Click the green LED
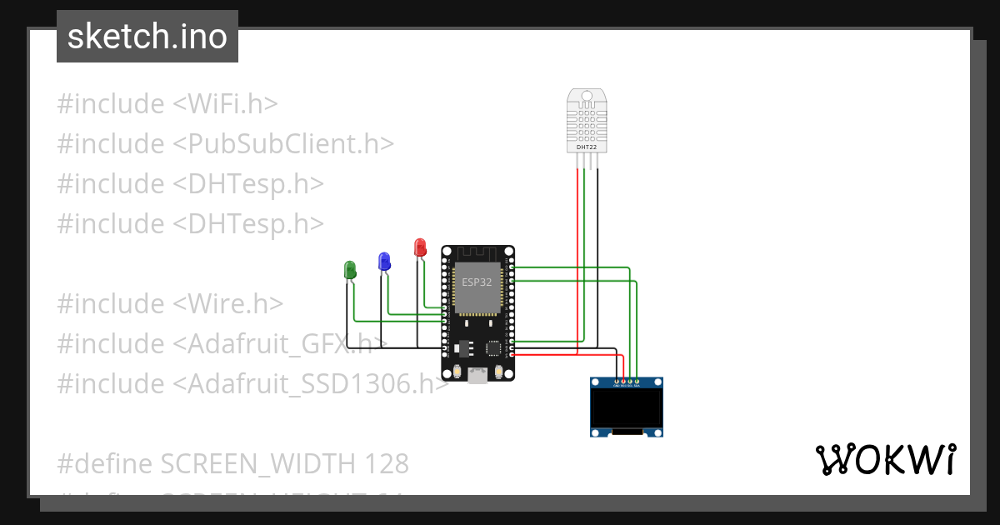[x=350, y=270]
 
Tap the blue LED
[x=384, y=261]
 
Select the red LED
[x=420, y=247]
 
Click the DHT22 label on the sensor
[x=586, y=147]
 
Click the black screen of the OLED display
[x=627, y=408]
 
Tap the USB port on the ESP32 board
[x=477, y=375]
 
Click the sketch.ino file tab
[x=147, y=37]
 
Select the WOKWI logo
[x=885, y=460]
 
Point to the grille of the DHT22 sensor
[x=586, y=122]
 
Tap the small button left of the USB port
[x=456, y=372]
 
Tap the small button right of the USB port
[x=499, y=372]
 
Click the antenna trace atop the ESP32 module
[x=477, y=252]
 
